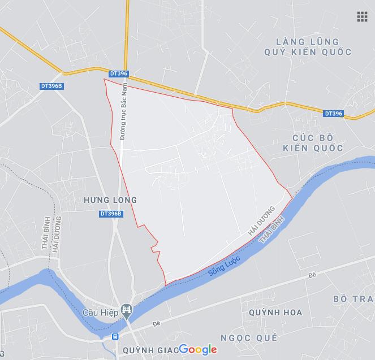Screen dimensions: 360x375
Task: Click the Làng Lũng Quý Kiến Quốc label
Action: [x=308, y=47]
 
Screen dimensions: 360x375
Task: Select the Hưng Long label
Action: [x=110, y=200]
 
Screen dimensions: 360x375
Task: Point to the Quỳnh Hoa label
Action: [x=275, y=312]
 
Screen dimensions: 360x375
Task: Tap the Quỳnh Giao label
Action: [x=148, y=349]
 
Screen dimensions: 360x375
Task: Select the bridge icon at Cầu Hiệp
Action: [x=128, y=310]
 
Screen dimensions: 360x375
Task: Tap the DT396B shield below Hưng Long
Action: [x=111, y=214]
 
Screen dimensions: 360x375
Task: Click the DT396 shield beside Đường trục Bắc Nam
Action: [x=119, y=73]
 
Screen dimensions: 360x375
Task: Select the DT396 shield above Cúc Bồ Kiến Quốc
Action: [x=334, y=114]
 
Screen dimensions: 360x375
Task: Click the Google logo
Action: [x=198, y=349]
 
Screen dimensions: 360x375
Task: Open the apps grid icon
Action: [x=362, y=16]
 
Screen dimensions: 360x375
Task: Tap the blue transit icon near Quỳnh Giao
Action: [x=115, y=336]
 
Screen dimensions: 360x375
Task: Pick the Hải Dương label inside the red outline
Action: [x=261, y=220]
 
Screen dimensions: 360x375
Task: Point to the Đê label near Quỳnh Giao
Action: [x=156, y=325]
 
